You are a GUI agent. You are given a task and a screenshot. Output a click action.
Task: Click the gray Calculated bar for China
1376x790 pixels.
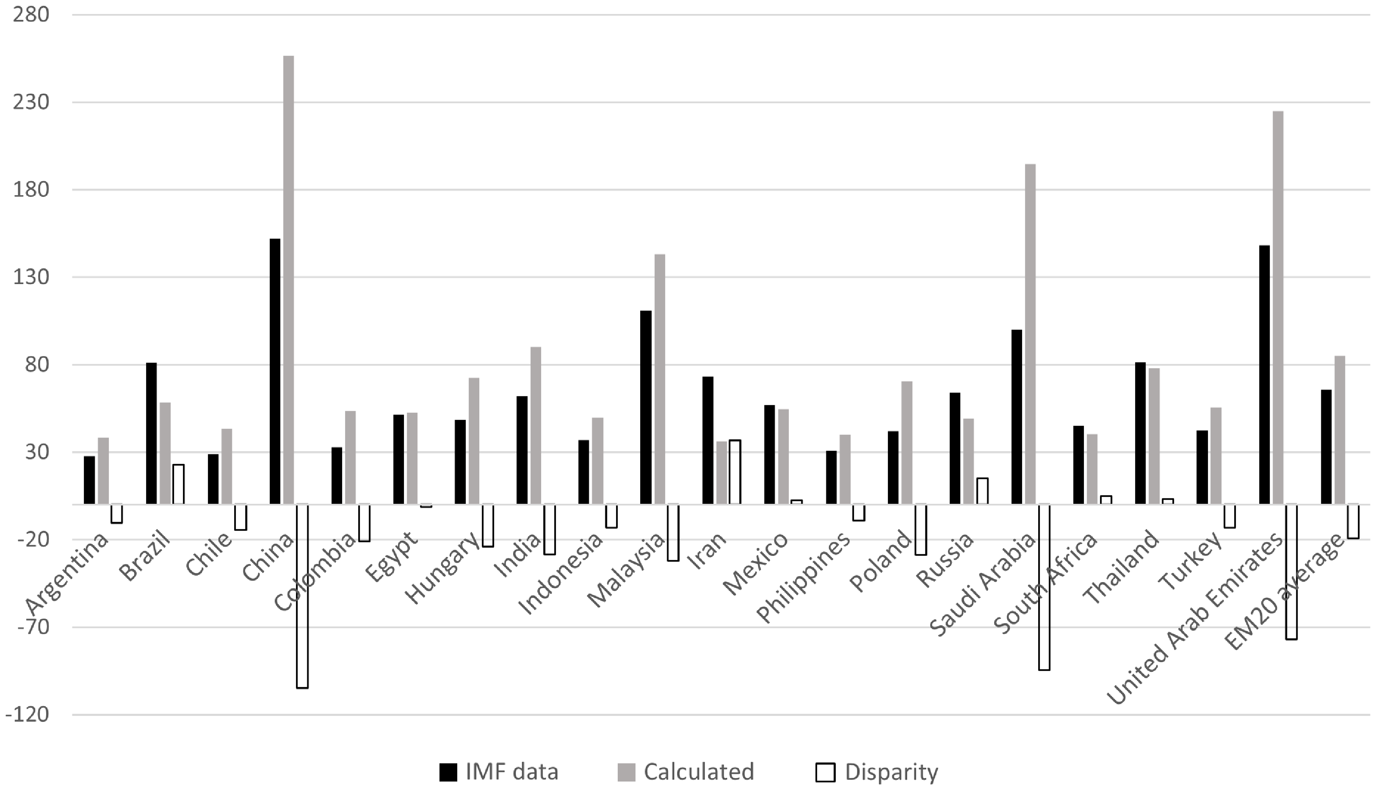click(289, 279)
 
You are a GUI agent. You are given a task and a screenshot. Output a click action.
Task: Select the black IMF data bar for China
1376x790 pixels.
click(275, 371)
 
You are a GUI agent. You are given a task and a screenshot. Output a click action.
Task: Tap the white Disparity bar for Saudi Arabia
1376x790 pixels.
click(1044, 587)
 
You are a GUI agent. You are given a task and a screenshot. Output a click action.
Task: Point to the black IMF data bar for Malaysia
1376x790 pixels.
click(646, 407)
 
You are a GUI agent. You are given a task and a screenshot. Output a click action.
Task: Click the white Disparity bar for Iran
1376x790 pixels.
click(735, 472)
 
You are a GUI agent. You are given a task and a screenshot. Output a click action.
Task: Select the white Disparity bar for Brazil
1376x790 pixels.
click(179, 484)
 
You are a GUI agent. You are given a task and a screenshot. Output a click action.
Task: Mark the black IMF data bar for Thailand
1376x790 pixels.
click(1140, 433)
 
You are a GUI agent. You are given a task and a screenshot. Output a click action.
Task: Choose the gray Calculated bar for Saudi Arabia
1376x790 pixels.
click(1030, 334)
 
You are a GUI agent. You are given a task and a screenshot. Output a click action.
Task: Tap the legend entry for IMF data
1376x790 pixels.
click(499, 771)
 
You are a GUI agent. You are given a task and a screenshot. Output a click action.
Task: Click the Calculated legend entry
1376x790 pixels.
click(686, 771)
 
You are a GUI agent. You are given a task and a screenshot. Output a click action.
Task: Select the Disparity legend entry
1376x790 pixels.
click(877, 771)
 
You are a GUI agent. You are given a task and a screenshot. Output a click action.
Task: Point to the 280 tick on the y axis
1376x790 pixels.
click(31, 15)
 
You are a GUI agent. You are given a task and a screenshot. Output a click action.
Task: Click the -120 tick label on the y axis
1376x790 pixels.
click(27, 715)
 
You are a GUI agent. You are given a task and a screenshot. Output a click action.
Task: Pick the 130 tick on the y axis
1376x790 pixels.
click(31, 277)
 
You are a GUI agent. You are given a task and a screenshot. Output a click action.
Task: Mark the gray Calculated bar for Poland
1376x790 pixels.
click(906, 443)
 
